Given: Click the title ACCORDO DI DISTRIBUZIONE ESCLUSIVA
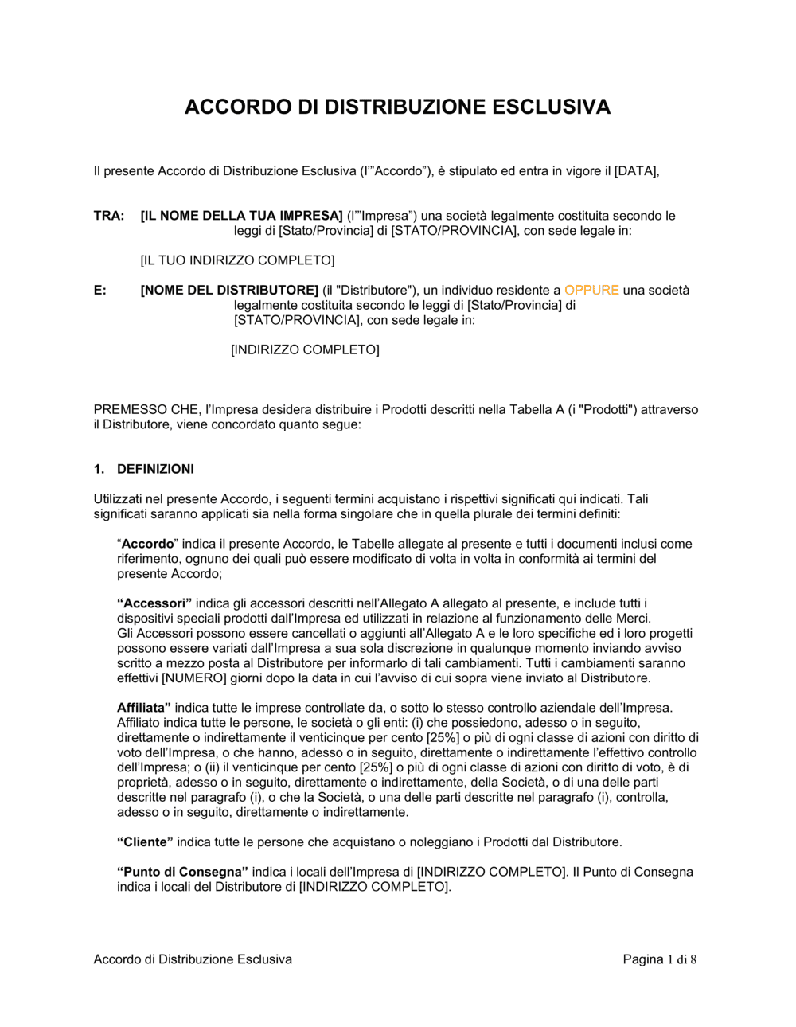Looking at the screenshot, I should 397,107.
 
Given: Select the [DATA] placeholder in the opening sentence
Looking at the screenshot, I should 636,171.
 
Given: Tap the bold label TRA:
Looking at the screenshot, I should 109,216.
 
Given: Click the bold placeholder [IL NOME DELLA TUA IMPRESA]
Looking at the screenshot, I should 241,216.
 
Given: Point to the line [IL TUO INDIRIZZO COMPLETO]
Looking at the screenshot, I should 237,260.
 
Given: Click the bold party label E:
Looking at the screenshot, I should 100,291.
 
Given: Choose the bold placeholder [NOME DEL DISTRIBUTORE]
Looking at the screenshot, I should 229,291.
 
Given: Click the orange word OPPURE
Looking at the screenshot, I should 591,291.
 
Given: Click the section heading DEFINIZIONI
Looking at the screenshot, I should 155,469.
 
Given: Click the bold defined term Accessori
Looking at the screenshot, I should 154,603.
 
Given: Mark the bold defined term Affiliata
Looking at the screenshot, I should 144,708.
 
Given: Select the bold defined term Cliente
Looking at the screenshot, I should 145,842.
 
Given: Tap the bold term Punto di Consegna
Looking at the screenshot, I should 182,872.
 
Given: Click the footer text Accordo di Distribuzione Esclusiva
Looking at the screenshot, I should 193,959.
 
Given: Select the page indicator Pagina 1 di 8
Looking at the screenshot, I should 660,959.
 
